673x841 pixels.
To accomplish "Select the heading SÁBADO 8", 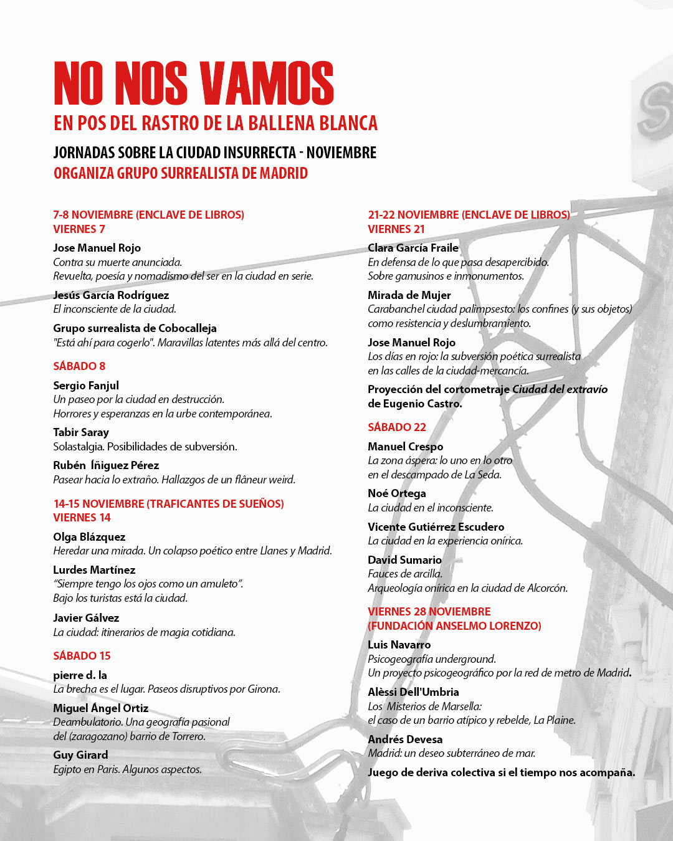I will (79, 366).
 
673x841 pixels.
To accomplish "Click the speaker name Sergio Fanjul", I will (86, 386).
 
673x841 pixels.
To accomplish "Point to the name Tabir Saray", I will (81, 432).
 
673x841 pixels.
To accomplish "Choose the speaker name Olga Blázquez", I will (89, 537).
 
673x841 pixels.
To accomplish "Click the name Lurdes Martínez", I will (94, 570).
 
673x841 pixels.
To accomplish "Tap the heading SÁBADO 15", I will (82, 656).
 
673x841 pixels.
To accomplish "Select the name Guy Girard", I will (80, 755).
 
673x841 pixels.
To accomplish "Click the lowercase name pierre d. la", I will (80, 675).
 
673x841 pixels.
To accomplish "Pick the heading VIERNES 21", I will (396, 229).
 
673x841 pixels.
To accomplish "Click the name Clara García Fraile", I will (413, 248).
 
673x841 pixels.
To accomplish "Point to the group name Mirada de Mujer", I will (409, 295).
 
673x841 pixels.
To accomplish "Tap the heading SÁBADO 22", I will (397, 427).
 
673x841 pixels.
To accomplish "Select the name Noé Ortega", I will (397, 493).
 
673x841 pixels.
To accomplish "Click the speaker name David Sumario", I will (404, 560).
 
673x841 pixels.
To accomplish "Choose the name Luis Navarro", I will (399, 645).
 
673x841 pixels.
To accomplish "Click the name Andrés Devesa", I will (405, 739).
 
